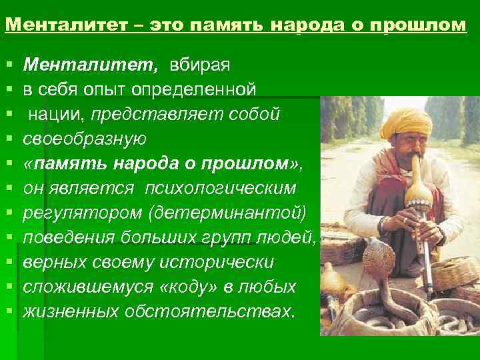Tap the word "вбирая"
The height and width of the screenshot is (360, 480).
[200, 64]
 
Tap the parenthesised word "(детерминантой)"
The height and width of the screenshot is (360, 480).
[227, 213]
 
